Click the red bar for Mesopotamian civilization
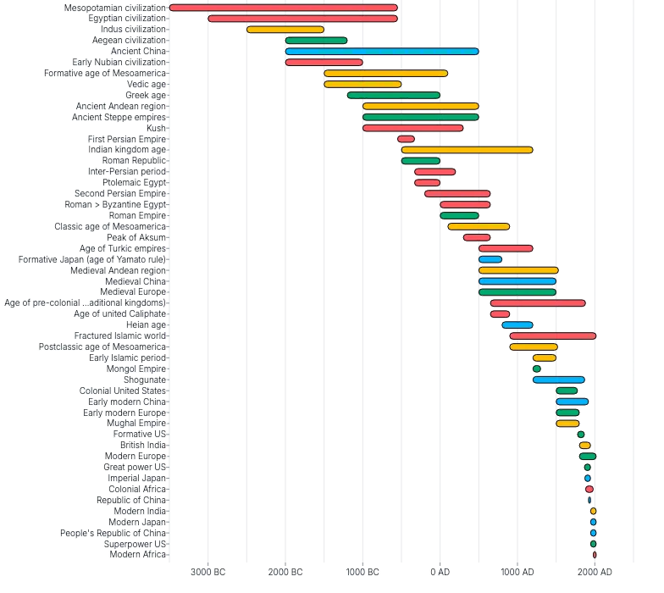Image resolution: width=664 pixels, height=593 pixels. pyautogui.click(x=283, y=8)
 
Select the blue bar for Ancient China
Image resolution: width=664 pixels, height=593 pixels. pyautogui.click(x=381, y=52)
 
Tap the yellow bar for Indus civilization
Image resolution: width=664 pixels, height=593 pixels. pyautogui.click(x=285, y=30)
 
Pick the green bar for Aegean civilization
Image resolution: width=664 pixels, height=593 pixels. pyautogui.click(x=316, y=41)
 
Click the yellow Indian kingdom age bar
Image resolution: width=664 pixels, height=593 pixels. pyautogui.click(x=467, y=150)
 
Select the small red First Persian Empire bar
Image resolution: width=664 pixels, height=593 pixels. pyautogui.click(x=406, y=139)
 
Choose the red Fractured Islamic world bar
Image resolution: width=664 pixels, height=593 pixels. pyautogui.click(x=552, y=336)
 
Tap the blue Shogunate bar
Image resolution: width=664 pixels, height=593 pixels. pyautogui.click(x=558, y=380)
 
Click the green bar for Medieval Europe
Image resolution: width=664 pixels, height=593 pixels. pyautogui.click(x=517, y=292)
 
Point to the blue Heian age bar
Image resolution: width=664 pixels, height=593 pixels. pyautogui.click(x=517, y=325)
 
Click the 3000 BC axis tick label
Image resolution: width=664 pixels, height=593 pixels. pyautogui.click(x=207, y=573)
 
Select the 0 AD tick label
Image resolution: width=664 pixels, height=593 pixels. pyautogui.click(x=440, y=573)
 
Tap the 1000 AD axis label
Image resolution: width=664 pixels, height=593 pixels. pyautogui.click(x=517, y=573)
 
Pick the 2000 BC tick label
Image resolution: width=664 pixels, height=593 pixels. pyautogui.click(x=285, y=573)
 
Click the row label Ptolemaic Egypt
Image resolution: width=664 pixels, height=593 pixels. pyautogui.click(x=134, y=183)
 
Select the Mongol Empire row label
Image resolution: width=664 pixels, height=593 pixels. pyautogui.click(x=136, y=369)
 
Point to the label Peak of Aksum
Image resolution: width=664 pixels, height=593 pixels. pyautogui.click(x=136, y=238)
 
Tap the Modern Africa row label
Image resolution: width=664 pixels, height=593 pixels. pyautogui.click(x=138, y=555)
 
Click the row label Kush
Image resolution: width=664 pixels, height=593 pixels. pyautogui.click(x=156, y=128)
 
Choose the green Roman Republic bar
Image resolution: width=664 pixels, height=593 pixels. pyautogui.click(x=420, y=161)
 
